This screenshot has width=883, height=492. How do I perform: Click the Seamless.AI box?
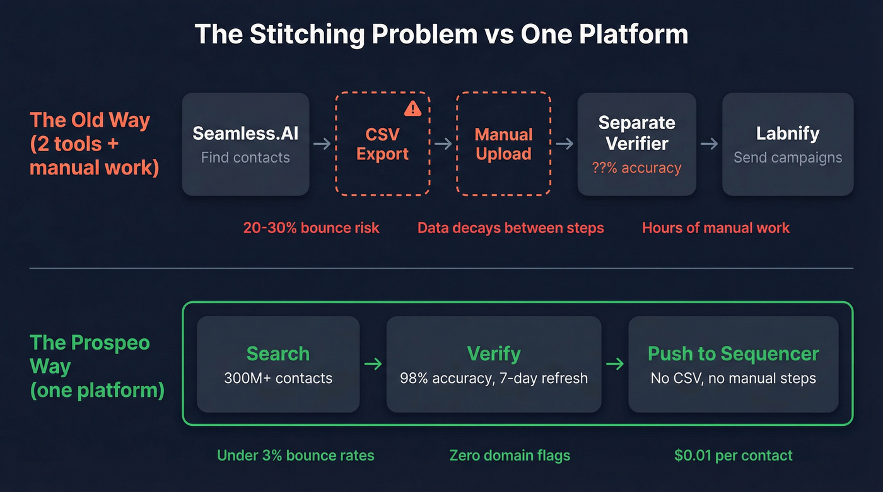coord(245,144)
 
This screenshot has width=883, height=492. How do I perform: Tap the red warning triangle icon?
coord(412,108)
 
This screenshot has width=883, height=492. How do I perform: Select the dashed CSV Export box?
coord(382,144)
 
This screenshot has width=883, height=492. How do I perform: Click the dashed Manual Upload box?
coord(503,144)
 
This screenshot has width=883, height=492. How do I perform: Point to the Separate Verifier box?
coord(636,144)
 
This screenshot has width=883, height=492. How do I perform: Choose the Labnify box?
coord(787,144)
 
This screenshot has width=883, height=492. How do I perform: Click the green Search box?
coord(278,364)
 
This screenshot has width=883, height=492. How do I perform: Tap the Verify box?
coord(494,364)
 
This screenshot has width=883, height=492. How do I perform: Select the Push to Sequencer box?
coord(733,364)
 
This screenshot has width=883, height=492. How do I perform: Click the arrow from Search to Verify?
coord(373,363)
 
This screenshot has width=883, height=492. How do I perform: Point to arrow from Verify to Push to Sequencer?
coord(615,363)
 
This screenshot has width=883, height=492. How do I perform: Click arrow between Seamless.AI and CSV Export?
coord(322,144)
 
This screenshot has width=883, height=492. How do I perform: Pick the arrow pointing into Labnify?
coord(709,144)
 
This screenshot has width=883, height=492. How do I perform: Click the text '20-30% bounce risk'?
coord(312,227)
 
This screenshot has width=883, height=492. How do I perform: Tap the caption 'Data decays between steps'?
coord(510,227)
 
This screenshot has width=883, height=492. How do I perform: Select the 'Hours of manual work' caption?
coord(716,227)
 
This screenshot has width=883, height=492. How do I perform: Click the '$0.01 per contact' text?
coord(733,455)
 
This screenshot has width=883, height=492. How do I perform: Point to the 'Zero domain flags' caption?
coord(510,455)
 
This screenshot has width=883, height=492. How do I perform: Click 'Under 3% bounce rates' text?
coord(295,455)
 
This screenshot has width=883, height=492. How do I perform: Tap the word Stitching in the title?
coord(307,34)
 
